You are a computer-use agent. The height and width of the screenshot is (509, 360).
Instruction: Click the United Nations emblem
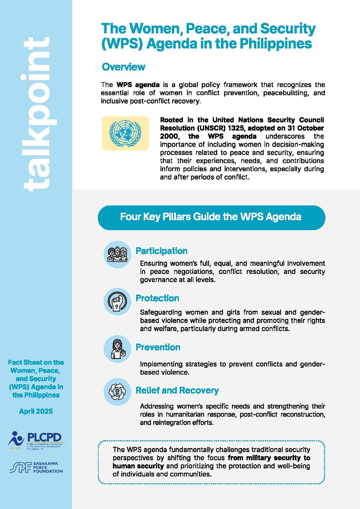(125, 133)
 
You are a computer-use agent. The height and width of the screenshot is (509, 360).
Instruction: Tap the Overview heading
(123, 67)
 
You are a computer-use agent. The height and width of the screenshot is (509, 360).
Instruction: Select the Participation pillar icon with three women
(117, 254)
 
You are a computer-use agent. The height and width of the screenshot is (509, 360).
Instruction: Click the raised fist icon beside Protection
(117, 302)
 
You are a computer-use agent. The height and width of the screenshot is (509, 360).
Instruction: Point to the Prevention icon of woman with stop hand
(117, 349)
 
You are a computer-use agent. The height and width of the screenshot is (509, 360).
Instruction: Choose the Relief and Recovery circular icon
(117, 392)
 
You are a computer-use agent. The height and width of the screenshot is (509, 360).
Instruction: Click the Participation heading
(161, 251)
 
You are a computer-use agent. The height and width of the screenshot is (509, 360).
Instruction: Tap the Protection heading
(157, 298)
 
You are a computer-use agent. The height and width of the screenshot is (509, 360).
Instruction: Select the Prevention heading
(158, 347)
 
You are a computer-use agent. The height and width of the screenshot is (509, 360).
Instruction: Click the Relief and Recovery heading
(177, 390)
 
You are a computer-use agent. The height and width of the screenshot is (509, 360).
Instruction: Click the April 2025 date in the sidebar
(36, 411)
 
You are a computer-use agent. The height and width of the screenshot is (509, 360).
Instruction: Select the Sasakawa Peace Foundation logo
(36, 467)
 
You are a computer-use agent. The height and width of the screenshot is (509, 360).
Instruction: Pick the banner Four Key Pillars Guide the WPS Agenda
(211, 217)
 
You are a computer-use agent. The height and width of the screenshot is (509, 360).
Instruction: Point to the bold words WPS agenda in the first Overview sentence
(138, 85)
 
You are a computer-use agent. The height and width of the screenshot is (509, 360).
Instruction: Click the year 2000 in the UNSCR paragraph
(169, 136)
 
